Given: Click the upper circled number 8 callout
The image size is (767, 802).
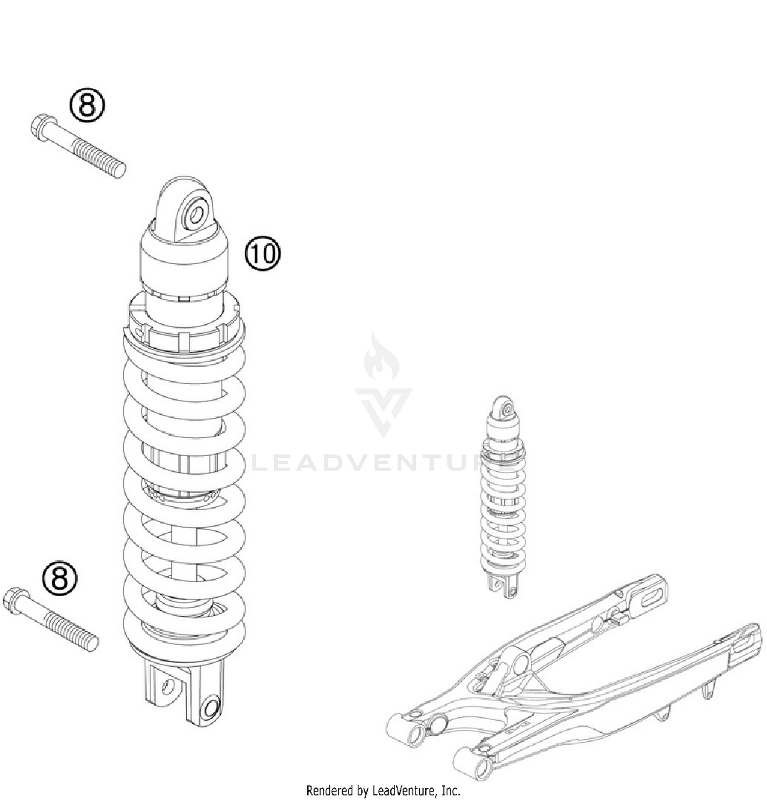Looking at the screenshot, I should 86,106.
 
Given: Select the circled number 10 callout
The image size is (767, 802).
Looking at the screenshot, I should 263,253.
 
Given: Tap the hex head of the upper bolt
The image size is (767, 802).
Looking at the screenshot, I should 43,126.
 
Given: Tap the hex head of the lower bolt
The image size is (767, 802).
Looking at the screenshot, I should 15,599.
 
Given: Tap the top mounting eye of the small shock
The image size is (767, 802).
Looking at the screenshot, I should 507,409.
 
